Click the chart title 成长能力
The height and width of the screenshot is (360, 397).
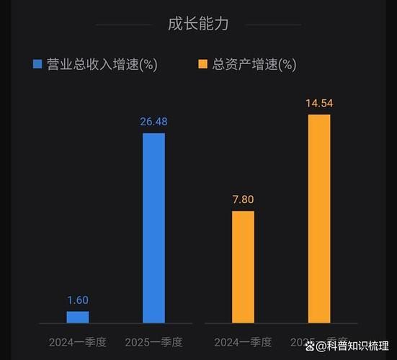pos(198,24)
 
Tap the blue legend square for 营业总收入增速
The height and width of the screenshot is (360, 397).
pos(38,64)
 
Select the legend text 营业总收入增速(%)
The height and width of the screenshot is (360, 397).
pos(102,64)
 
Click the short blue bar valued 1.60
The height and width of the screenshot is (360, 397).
pos(78,317)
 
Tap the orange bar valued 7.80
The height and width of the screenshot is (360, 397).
pos(243,266)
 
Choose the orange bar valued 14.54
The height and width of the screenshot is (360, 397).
pos(319,218)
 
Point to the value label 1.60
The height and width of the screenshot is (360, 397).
pos(78,300)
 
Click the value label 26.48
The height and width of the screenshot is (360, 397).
pos(153,122)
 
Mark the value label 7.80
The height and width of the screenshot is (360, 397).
pos(243,199)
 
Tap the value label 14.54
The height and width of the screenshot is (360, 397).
pos(319,103)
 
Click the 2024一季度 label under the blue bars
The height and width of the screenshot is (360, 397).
pos(78,341)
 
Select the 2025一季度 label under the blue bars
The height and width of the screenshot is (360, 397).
pos(153,341)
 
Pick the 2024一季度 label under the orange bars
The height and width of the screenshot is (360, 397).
pos(243,341)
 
